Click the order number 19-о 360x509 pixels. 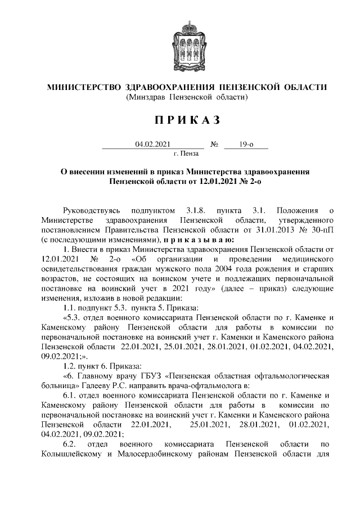click(x=245, y=145)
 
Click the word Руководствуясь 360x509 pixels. click(x=92, y=210)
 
